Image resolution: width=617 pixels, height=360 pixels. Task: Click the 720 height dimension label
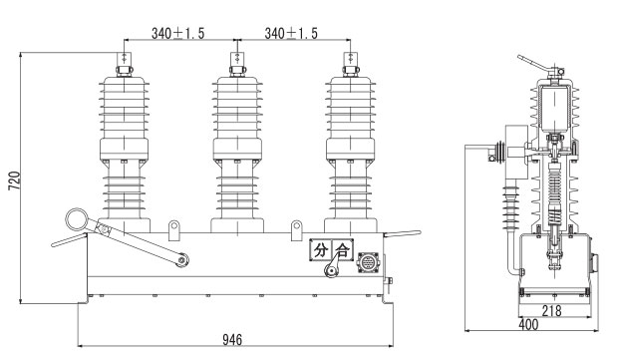14,180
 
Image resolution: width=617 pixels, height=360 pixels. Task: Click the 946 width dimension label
232,339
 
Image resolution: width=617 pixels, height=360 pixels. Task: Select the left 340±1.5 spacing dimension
177,34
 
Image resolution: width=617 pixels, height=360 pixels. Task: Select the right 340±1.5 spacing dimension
291,34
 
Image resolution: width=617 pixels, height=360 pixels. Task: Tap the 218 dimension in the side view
551,311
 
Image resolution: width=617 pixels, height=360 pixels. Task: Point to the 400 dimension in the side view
529,325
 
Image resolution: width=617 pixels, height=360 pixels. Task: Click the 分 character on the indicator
321,250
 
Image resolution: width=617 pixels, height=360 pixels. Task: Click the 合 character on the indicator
342,250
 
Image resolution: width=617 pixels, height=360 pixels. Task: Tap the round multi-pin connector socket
368,262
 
